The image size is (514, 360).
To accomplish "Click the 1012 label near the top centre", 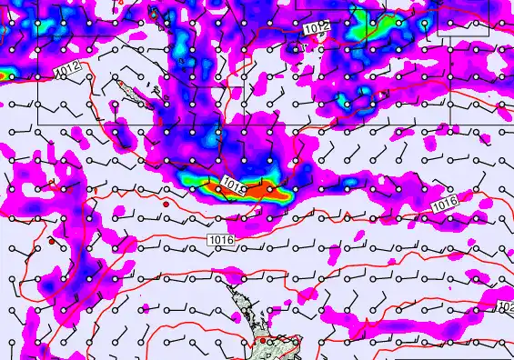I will point(317,29).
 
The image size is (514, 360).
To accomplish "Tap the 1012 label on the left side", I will point(66,69).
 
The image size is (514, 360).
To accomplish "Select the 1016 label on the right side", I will point(445,206).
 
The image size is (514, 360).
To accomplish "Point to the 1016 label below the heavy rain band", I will point(221,239).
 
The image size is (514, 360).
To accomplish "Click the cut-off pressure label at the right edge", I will point(506,308).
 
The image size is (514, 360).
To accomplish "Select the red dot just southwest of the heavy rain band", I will point(166,205).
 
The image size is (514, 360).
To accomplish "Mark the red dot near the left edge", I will point(53,243).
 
